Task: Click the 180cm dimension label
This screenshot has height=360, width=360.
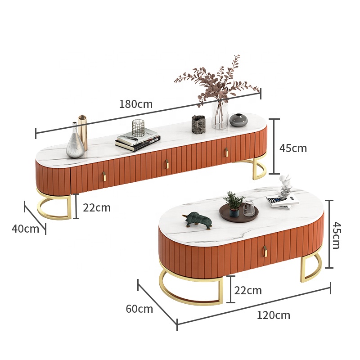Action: pyautogui.click(x=135, y=104)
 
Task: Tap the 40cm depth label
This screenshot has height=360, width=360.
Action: pyautogui.click(x=25, y=229)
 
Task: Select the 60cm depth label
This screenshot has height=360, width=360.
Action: pyautogui.click(x=139, y=309)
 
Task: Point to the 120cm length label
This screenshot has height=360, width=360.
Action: pyautogui.click(x=273, y=315)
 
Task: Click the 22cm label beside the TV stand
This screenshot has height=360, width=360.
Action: pyautogui.click(x=96, y=207)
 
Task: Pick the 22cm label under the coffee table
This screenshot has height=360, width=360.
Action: pyautogui.click(x=248, y=291)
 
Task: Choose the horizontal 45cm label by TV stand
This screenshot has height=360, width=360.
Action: pyautogui.click(x=293, y=148)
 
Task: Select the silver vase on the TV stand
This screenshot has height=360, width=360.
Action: pyautogui.click(x=75, y=142)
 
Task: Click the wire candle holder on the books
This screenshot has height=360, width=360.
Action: pyautogui.click(x=138, y=128)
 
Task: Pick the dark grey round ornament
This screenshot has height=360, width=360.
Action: pyautogui.click(x=238, y=120)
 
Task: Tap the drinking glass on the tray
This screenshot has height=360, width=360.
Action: pyautogui.click(x=248, y=209)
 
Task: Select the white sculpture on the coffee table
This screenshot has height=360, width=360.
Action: pyautogui.click(x=285, y=186)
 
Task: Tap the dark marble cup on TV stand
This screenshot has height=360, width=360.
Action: pyautogui.click(x=198, y=124)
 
